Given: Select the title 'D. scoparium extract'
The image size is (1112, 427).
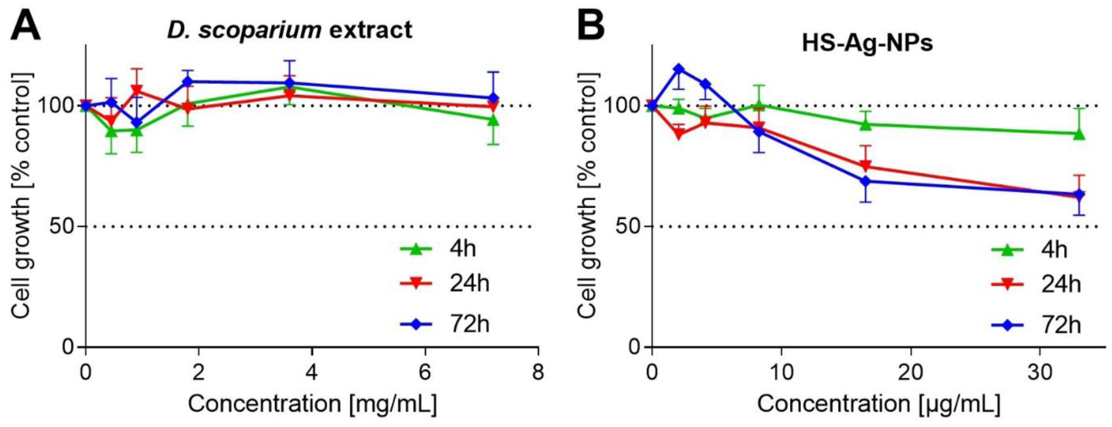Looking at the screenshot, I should (x=289, y=30).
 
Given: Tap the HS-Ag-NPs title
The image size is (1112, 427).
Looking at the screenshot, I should (x=867, y=43).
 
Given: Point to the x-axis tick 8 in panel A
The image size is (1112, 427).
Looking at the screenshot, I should (x=538, y=373).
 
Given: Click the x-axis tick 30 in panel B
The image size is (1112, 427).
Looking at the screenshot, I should (x=1040, y=373).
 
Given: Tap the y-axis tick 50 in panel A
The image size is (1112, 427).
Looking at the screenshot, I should (x=61, y=227).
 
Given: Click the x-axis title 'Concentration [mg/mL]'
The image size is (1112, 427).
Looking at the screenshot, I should (x=312, y=404).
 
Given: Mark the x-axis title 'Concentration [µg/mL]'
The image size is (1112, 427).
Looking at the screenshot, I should (x=878, y=404).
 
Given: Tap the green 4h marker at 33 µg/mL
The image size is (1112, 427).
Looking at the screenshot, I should (x=1079, y=134).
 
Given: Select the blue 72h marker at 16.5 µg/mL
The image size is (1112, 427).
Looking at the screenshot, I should (x=865, y=181).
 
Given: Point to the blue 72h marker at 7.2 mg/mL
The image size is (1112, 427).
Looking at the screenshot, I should (x=493, y=98).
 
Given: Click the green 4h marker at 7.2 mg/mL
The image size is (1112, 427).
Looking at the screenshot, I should (x=493, y=120).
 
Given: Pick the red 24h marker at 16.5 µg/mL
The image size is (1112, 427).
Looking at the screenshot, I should (x=865, y=167).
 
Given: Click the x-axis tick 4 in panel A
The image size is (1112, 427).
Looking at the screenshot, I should (x=312, y=373).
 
